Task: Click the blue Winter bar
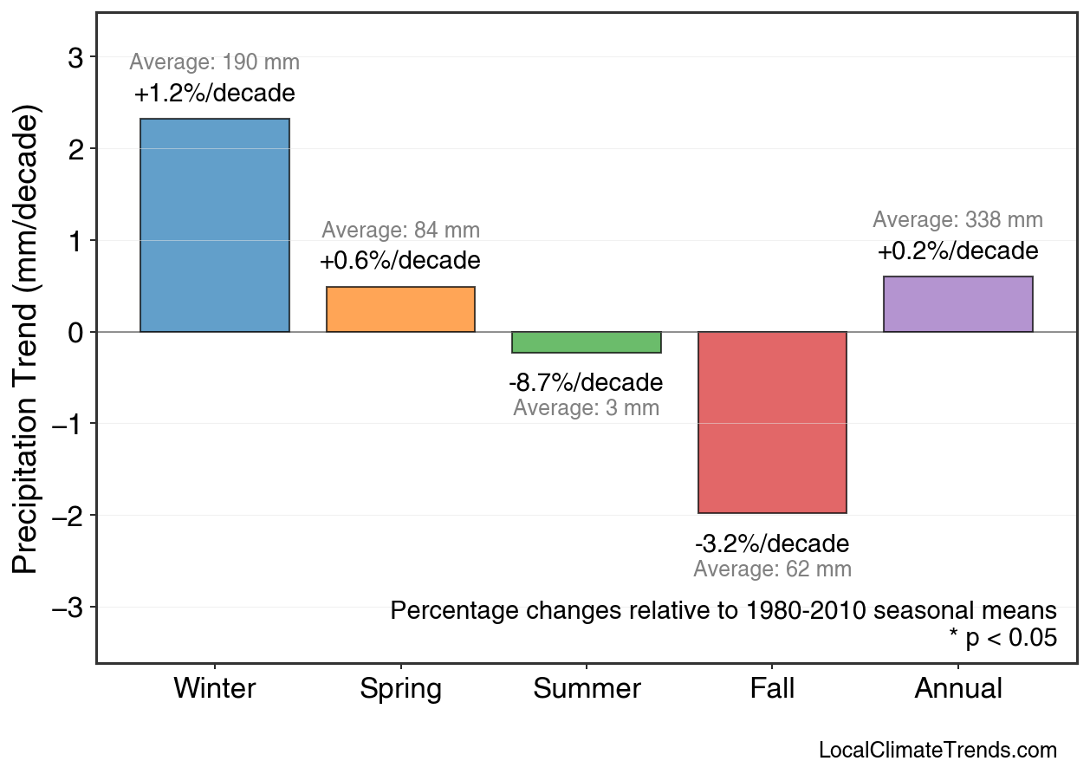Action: [215, 225]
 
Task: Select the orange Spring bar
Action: [400, 309]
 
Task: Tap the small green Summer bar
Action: [587, 342]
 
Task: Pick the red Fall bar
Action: [772, 422]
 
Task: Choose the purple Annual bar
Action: [957, 304]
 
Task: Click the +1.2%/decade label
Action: [215, 94]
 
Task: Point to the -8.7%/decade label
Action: [586, 382]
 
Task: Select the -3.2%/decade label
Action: [772, 544]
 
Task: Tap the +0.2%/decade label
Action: [957, 251]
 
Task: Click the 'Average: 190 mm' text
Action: [215, 62]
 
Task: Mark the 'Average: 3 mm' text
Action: [586, 408]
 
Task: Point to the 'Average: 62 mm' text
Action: [772, 569]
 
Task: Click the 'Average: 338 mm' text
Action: [957, 220]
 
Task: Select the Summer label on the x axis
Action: [587, 689]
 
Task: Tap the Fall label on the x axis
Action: [772, 689]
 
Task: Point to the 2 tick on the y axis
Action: [75, 149]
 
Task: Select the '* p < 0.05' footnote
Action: [1002, 638]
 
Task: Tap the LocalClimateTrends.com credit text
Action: [938, 751]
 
